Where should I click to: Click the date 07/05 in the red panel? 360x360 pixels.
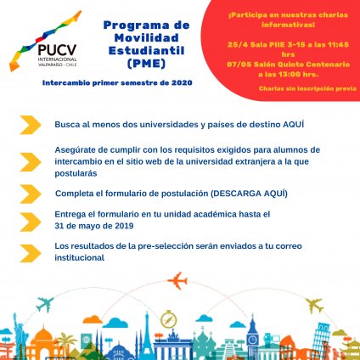click(255, 61)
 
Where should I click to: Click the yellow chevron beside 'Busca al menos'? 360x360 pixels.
click(30, 124)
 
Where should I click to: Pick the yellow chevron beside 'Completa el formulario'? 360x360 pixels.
click(30, 194)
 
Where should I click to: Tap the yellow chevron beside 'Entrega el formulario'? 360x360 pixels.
click(30, 221)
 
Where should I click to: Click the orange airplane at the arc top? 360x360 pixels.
click(179, 281)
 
